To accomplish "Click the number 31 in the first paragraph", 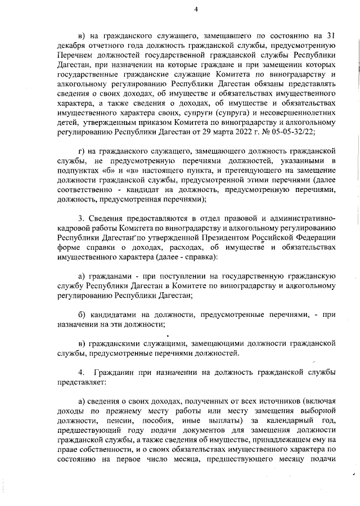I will (x=331, y=36).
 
